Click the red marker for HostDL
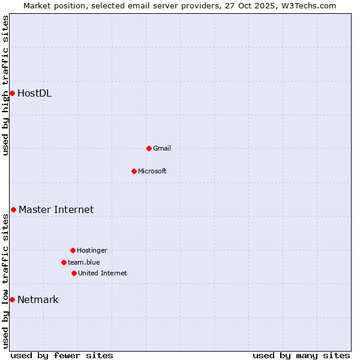pos(12,93)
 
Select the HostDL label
pos(34,93)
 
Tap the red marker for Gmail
pos(149,148)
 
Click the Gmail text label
pos(162,148)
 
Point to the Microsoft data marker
pos(134,171)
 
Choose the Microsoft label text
pos(152,171)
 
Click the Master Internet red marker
pos(13,209)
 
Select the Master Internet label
pos(56,209)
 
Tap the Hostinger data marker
pos(73,250)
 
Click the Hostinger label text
pos(92,250)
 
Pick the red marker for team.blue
pos(64,262)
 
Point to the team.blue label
pos(84,262)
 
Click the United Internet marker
pos(74,273)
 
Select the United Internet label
pos(103,273)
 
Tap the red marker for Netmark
pos(12,299)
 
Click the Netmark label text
pos(38,299)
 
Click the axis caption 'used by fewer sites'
pos(62,355)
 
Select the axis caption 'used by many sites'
pos(301,355)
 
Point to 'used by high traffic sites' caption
pos(5,85)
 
